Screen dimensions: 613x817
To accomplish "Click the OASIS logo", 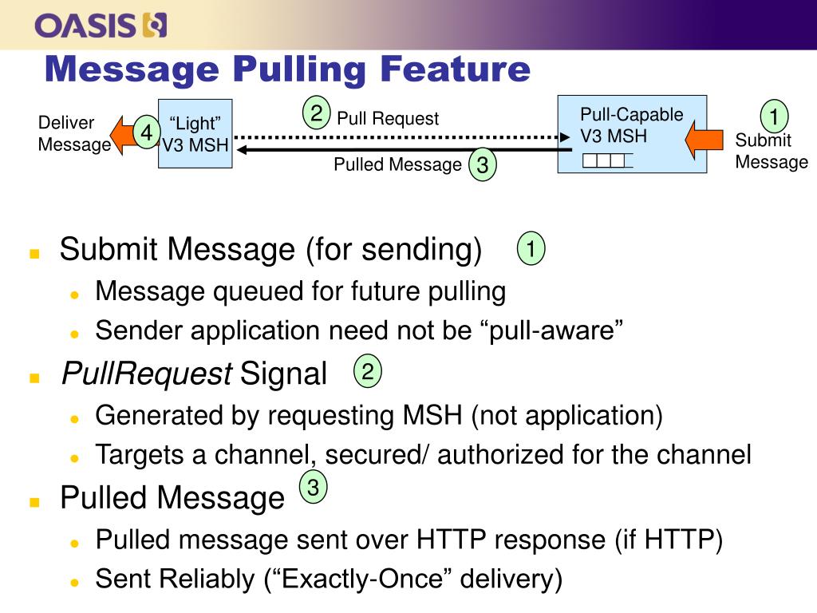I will pos(101,26).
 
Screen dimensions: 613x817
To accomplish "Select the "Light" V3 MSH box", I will pos(195,133).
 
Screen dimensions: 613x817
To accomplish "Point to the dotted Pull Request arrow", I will pos(399,137).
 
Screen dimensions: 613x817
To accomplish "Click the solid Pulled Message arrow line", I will pos(399,149).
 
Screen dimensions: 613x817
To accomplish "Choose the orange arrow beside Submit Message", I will pos(706,139).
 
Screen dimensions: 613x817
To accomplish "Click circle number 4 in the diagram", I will pos(147,133).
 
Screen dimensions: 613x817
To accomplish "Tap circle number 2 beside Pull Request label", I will pos(317,113).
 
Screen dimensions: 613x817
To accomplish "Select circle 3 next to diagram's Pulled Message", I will pos(482,165).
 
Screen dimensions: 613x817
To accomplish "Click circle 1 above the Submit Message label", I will pos(772,117).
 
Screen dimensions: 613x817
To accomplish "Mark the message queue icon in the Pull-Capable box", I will pos(607,160).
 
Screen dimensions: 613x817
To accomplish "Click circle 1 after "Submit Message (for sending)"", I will pos(531,248).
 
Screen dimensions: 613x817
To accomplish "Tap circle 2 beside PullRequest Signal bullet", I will pos(368,371).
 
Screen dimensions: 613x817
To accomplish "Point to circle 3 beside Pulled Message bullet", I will pos(314,488).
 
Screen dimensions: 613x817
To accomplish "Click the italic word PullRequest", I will pos(147,373).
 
